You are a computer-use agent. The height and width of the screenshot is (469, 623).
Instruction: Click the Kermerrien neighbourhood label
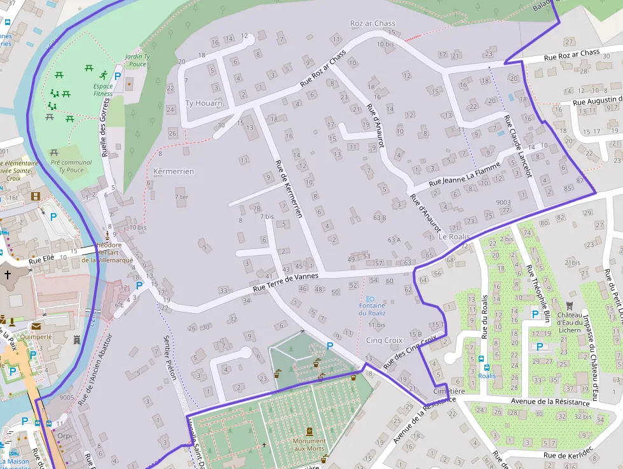coord(174,172)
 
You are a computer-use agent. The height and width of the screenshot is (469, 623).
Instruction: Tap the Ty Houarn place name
coord(203,103)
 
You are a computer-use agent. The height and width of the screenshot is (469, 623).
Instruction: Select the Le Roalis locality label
coord(454,237)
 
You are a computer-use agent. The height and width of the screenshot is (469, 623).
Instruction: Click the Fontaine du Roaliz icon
coord(372,299)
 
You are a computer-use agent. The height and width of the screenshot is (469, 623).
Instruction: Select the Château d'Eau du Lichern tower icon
coord(569,305)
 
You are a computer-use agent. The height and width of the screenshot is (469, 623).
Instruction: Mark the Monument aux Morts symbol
coord(309,431)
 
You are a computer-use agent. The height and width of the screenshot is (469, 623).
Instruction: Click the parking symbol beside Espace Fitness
coord(117,75)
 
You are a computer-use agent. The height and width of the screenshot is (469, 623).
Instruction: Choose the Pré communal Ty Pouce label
coord(71,166)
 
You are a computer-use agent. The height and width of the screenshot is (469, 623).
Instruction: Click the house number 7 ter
coord(182,197)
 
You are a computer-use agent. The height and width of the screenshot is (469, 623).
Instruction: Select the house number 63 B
coord(380,218)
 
